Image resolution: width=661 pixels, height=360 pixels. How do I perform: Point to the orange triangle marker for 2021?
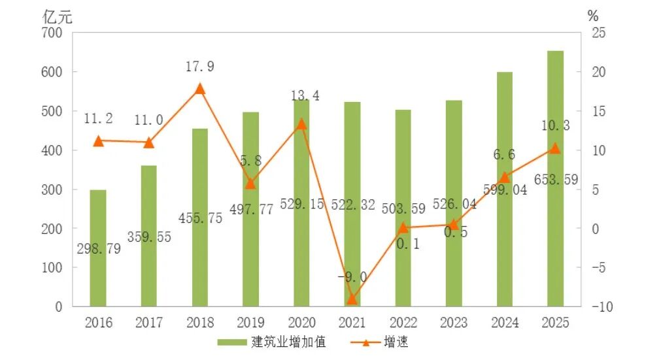pyautogui.click(x=352, y=299)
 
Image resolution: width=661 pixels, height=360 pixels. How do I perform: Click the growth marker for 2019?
pyautogui.click(x=250, y=184)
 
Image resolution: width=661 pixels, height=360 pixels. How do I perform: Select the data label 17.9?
pyautogui.click(x=200, y=67)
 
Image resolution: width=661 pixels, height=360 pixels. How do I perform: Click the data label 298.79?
pyautogui.click(x=98, y=249)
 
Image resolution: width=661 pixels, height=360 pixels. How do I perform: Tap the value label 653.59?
pyautogui.click(x=555, y=180)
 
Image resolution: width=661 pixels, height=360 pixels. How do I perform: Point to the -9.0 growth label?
pyautogui.click(x=352, y=277)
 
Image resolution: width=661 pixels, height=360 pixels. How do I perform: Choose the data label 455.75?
pyautogui.click(x=200, y=218)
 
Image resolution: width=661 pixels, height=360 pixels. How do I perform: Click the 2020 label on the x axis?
pyautogui.click(x=301, y=323)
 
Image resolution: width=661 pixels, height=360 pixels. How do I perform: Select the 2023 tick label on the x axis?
pyautogui.click(x=454, y=323)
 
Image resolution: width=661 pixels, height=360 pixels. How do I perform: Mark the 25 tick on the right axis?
pyautogui.click(x=598, y=33)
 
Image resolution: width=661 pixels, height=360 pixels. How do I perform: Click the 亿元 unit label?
pyautogui.click(x=57, y=17)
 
